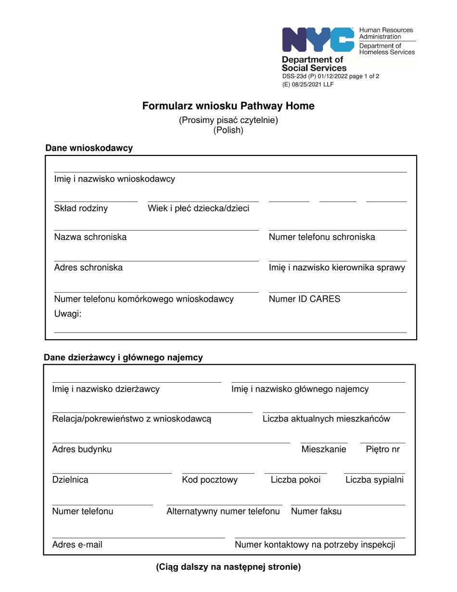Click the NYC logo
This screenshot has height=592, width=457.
click(318, 40)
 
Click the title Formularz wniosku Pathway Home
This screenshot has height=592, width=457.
click(228, 106)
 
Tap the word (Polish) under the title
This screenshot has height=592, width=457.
click(228, 129)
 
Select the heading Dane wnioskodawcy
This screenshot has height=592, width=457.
click(89, 148)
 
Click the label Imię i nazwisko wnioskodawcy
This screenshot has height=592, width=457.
click(114, 180)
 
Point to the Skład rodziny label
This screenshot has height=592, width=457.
click(81, 208)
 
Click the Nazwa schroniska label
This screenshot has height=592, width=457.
click(90, 237)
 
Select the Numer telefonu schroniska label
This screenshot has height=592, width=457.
click(322, 237)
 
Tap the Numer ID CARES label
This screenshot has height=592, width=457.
click(304, 299)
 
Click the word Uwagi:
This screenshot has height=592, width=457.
click(68, 314)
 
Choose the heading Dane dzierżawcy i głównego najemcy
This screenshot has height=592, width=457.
click(123, 358)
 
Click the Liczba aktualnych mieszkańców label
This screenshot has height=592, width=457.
click(326, 419)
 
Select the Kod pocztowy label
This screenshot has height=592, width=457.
click(210, 480)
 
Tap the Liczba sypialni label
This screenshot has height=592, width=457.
click(374, 480)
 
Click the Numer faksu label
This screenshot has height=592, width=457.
click(317, 511)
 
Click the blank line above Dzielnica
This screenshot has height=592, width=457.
click(112, 474)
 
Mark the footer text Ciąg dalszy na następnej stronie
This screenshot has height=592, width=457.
click(228, 567)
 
